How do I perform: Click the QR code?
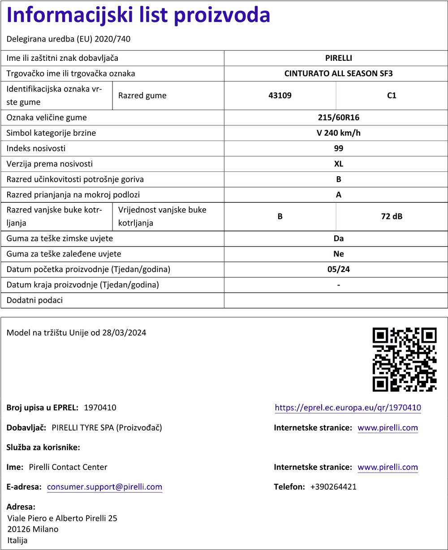(x=405, y=359)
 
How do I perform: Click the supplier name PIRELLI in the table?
(x=338, y=58)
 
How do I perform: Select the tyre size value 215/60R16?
(x=338, y=118)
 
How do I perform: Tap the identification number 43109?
(x=280, y=95)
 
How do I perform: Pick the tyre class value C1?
(x=392, y=95)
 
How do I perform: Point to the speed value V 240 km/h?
(x=338, y=133)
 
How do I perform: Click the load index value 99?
(x=338, y=148)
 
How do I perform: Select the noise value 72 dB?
(x=392, y=217)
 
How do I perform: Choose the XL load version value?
(x=338, y=164)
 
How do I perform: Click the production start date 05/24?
(x=338, y=269)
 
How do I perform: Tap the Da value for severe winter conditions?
(x=338, y=239)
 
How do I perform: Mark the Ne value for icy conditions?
(x=338, y=254)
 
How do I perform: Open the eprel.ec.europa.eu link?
(x=348, y=408)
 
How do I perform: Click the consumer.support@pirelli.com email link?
(x=104, y=487)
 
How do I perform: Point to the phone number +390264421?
(x=333, y=487)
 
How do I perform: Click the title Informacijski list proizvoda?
(x=138, y=16)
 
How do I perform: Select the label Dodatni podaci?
(x=34, y=300)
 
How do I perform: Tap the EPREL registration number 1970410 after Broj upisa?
(x=100, y=408)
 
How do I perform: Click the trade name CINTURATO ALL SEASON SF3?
(x=338, y=73)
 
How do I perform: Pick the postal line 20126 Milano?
(x=33, y=529)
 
